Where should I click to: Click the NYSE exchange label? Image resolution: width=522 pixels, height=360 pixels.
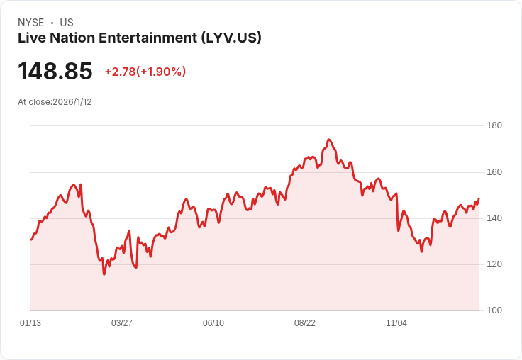pos(31,23)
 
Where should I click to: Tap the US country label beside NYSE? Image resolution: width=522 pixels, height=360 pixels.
pos(67,23)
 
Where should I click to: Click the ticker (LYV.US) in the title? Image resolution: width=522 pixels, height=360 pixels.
pos(231,38)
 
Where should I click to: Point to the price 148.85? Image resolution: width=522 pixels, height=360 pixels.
pos(55,72)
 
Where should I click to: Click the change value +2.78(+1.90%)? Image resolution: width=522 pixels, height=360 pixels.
pos(145,72)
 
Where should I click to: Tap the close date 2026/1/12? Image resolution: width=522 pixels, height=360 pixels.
pos(72,102)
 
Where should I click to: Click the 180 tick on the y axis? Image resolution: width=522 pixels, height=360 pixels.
pos(494,125)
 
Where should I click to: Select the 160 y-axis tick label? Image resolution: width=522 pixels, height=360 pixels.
pos(494,172)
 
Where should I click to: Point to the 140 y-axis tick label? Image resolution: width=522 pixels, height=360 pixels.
pos(494,218)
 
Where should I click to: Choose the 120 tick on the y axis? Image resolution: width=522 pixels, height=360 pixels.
pos(494,264)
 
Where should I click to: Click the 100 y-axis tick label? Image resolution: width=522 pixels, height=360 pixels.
pos(494,310)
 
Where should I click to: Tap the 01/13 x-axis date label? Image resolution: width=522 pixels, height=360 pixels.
pos(30,323)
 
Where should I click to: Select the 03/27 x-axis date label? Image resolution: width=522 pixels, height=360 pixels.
pos(122,323)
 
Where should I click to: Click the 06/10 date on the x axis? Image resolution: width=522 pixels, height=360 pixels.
pos(213,323)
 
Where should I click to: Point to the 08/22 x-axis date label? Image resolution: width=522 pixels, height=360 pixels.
pos(305,323)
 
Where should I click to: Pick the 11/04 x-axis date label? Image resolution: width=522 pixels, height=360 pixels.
pos(396,323)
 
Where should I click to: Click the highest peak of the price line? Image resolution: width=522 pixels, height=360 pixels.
pos(329,140)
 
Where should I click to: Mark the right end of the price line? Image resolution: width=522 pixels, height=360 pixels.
pos(479,199)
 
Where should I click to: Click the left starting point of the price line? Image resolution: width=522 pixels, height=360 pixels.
pos(30,240)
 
